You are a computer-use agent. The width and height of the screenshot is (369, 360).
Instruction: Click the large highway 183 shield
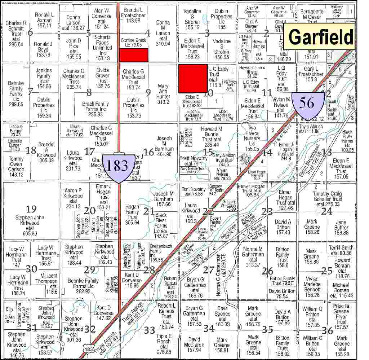(x=117, y=166)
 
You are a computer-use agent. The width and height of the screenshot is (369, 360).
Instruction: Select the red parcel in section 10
(x=193, y=79)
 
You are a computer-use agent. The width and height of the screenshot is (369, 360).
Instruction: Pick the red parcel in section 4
(x=134, y=54)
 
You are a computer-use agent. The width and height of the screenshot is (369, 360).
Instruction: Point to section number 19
(x=31, y=209)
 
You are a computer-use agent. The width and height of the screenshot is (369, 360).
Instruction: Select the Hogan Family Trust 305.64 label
(x=132, y=215)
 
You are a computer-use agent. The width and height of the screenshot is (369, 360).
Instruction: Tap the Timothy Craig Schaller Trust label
(x=327, y=199)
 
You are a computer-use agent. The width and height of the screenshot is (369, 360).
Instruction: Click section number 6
(x=30, y=33)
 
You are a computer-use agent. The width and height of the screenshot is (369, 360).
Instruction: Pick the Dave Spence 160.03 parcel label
(x=222, y=314)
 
